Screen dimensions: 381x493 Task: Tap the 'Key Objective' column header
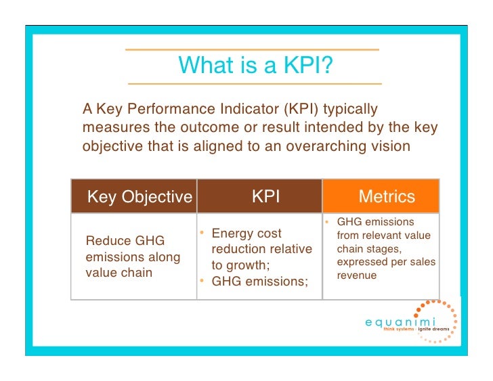point(140,197)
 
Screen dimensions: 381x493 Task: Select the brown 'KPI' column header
point(265,196)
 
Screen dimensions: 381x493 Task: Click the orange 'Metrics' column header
point(386,197)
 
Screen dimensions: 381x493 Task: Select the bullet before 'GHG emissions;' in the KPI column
point(202,281)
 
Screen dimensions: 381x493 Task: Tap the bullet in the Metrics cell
point(326,222)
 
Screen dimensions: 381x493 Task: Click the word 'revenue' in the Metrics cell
point(357,276)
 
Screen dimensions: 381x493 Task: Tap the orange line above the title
point(252,49)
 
